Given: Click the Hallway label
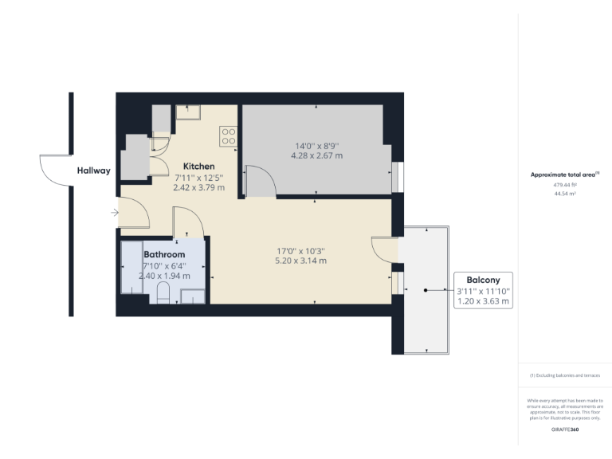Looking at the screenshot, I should [x=93, y=171].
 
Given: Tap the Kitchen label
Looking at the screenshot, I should [x=198, y=166].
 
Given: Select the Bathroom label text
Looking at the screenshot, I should [x=165, y=254].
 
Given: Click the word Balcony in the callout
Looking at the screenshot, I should [x=483, y=280].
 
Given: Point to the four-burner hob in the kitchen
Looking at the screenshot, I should [x=228, y=136].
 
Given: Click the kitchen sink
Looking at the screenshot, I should [x=189, y=112].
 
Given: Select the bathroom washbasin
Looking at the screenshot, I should [x=192, y=296].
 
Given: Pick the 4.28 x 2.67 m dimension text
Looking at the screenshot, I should [x=317, y=156].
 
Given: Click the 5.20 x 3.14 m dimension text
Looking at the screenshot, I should [x=301, y=261].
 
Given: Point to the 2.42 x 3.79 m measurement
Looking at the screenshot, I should [x=198, y=188].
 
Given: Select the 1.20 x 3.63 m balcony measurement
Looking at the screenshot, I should [x=483, y=302].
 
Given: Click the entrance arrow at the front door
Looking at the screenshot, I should [x=116, y=213].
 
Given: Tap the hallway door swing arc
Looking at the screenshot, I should [x=54, y=171].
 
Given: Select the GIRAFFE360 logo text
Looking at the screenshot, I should [x=565, y=430].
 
